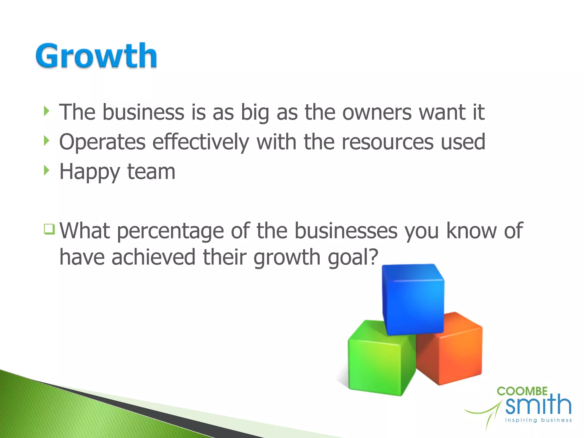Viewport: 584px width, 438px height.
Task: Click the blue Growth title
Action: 96,56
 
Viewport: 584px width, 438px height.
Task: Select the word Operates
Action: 102,142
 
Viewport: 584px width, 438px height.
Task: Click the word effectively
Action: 201,142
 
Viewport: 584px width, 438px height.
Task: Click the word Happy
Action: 90,173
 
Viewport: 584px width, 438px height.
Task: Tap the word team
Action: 151,172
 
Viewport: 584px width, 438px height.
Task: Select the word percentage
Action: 170,231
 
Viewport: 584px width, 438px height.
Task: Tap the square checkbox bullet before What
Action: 49,229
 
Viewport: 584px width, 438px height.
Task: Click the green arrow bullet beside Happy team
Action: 47,171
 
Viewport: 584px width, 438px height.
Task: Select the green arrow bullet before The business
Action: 47,111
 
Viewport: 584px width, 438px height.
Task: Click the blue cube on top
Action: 413,299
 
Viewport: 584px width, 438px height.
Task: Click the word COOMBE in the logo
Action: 522,391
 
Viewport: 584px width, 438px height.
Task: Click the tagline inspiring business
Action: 538,420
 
